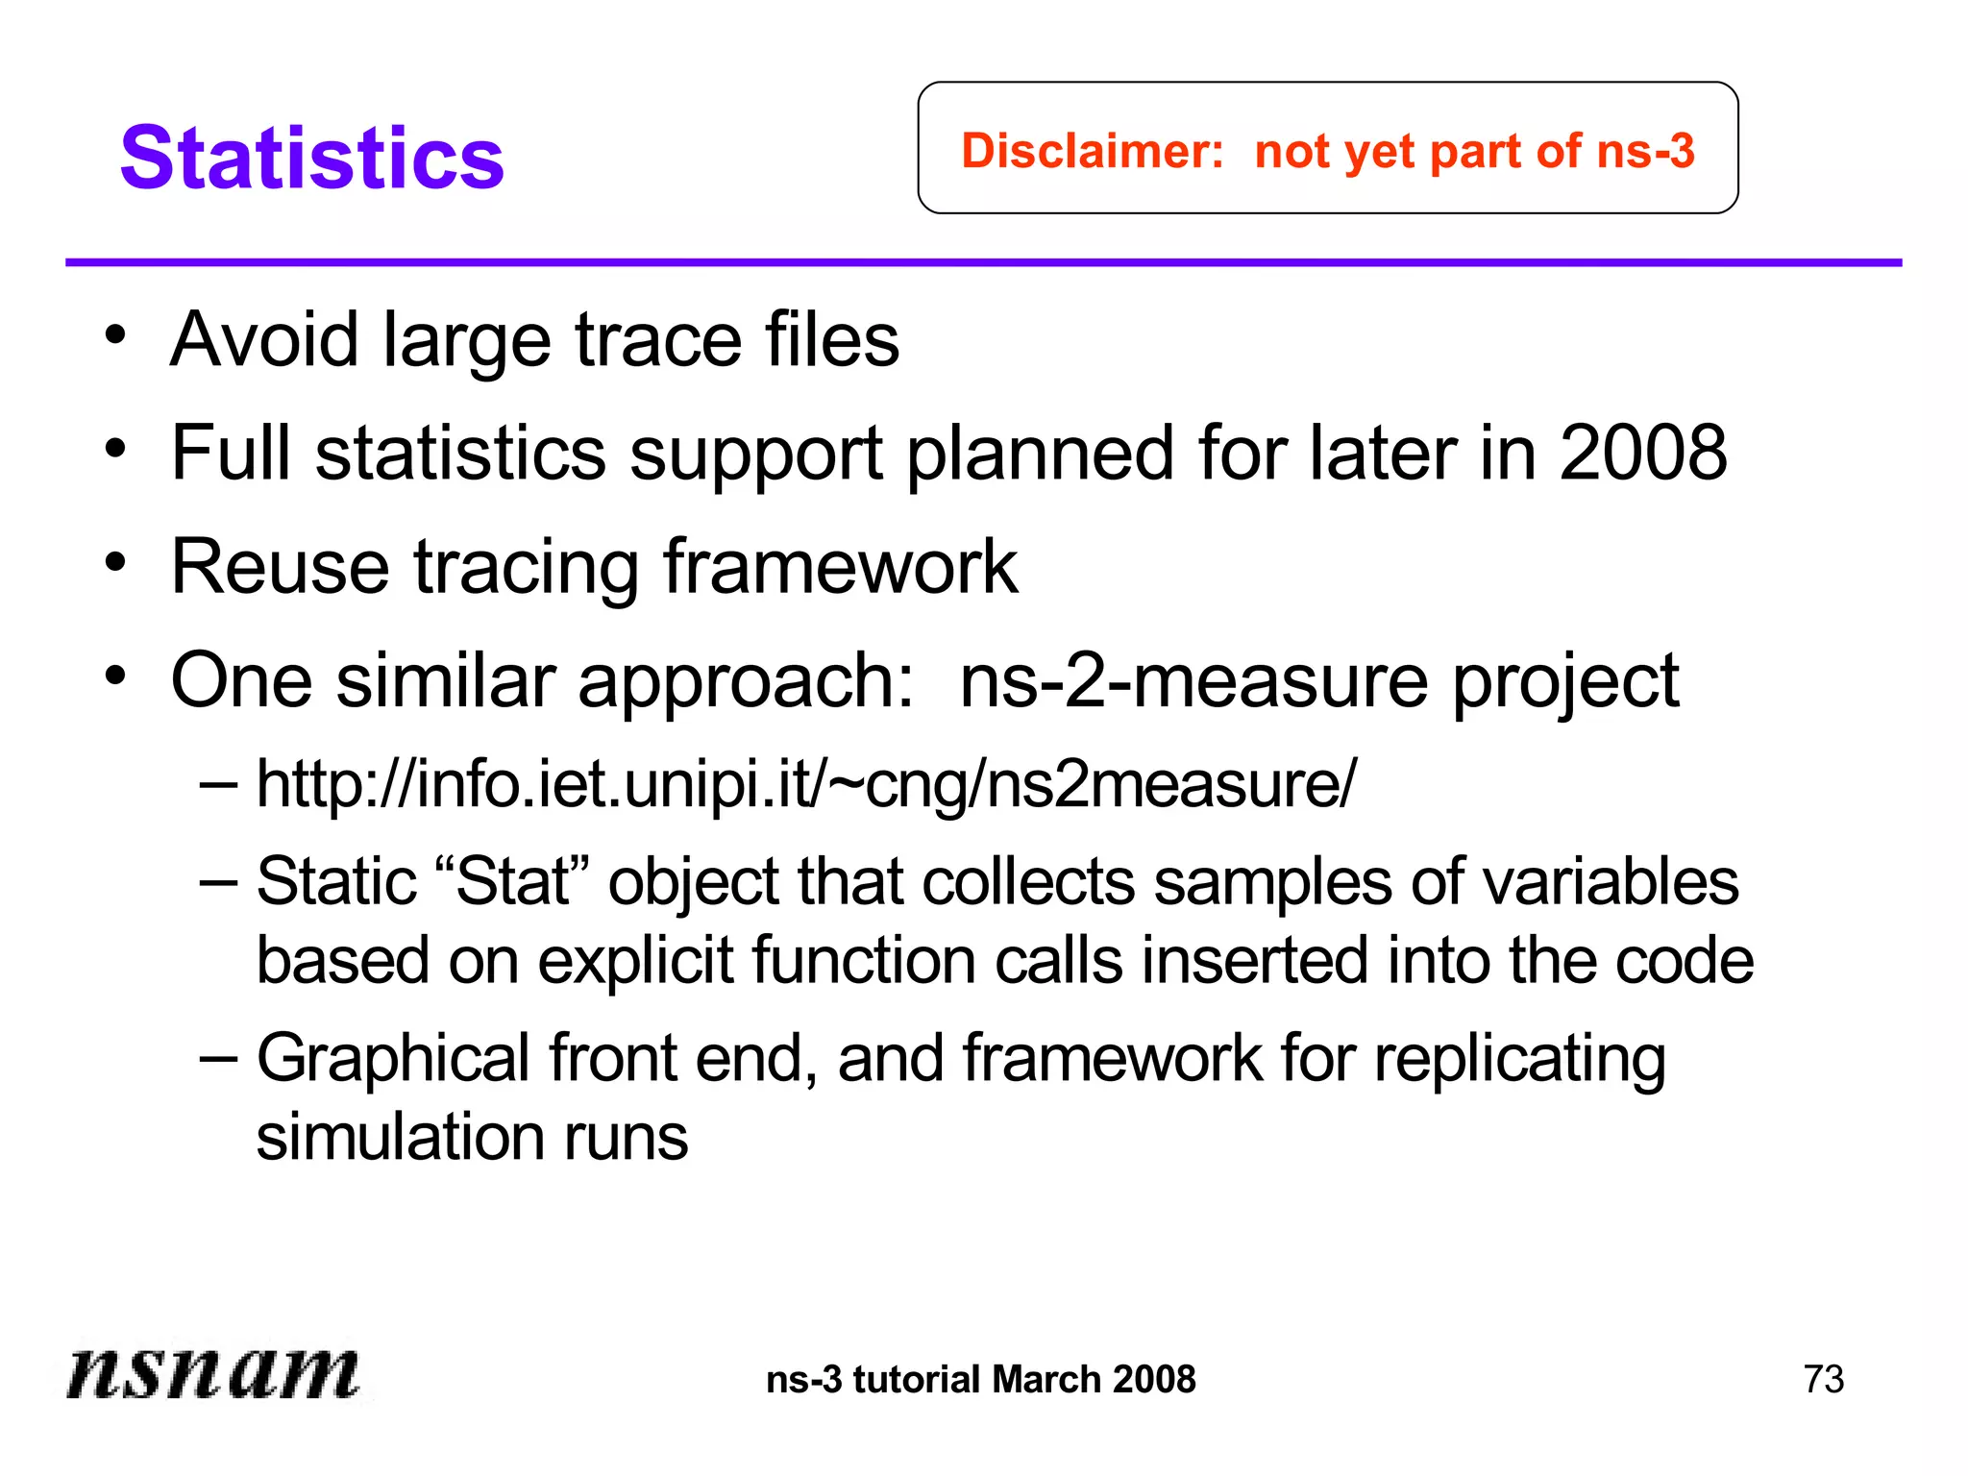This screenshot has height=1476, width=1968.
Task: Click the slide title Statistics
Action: [x=311, y=158]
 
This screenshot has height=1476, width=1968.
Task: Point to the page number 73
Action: [x=1823, y=1379]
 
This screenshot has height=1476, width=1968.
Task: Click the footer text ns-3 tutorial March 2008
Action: [x=981, y=1379]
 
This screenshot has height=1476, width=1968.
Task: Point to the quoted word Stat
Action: [x=513, y=881]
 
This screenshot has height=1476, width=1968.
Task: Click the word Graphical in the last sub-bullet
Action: [x=393, y=1058]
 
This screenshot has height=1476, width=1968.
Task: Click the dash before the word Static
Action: [x=218, y=881]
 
